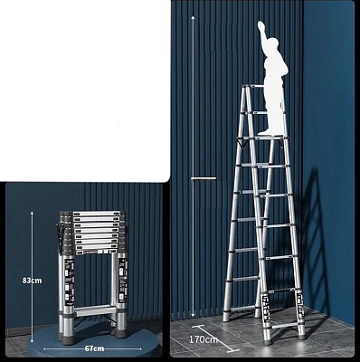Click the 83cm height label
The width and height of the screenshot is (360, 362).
(32, 281)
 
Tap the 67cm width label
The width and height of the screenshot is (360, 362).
(94, 348)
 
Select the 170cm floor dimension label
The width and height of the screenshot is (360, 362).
(203, 339)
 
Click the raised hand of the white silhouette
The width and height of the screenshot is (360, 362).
(261, 25)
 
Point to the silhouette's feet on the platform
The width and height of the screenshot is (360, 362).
(268, 132)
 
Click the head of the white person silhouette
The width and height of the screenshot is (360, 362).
(272, 42)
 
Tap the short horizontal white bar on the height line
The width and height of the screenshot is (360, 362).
(204, 178)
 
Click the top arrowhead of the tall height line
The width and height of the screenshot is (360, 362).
(193, 18)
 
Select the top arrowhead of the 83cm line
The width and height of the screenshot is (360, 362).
(32, 213)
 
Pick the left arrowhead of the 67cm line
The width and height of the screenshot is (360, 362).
(45, 349)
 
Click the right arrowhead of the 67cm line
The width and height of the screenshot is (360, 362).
(139, 349)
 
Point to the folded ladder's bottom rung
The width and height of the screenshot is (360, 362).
(94, 310)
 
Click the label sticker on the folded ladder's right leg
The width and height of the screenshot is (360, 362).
(122, 281)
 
